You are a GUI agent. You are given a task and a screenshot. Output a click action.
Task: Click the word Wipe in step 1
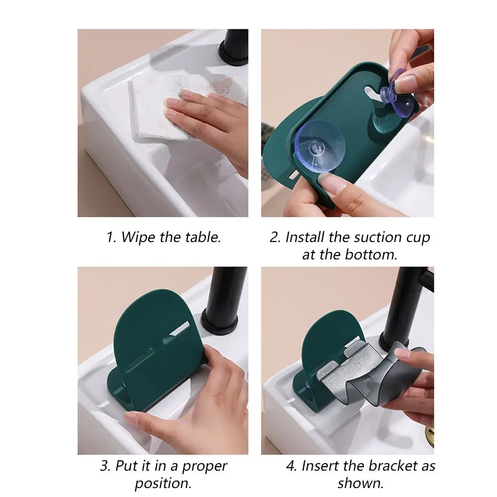tap(138, 238)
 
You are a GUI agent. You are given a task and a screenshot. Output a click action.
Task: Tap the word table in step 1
tap(203, 237)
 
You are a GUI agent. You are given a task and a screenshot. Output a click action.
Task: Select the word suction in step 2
tap(378, 237)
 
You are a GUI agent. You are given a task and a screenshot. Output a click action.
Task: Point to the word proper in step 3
tap(204, 467)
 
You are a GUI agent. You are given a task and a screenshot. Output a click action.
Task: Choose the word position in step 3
tap(163, 484)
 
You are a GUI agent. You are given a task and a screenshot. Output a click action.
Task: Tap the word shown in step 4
tap(361, 484)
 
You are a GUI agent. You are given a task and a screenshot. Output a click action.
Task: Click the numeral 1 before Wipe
tap(110, 238)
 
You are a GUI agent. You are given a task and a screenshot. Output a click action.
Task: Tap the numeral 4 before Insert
tap(291, 466)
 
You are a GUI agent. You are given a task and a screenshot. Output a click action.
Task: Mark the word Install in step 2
tap(305, 237)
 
